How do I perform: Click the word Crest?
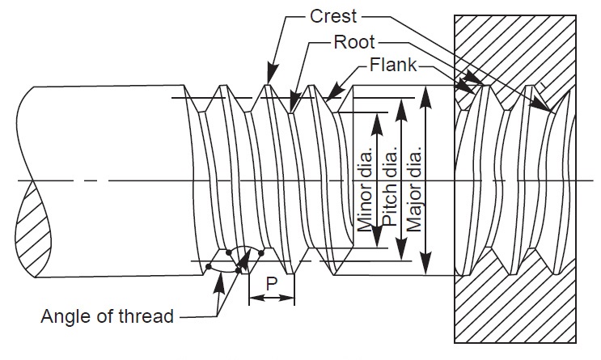click(334, 15)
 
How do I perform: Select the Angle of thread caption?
click(108, 316)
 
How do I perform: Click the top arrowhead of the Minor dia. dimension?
click(376, 117)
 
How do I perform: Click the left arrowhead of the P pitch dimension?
click(252, 299)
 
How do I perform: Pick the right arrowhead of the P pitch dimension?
click(290, 299)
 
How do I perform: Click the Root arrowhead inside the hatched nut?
click(546, 107)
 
